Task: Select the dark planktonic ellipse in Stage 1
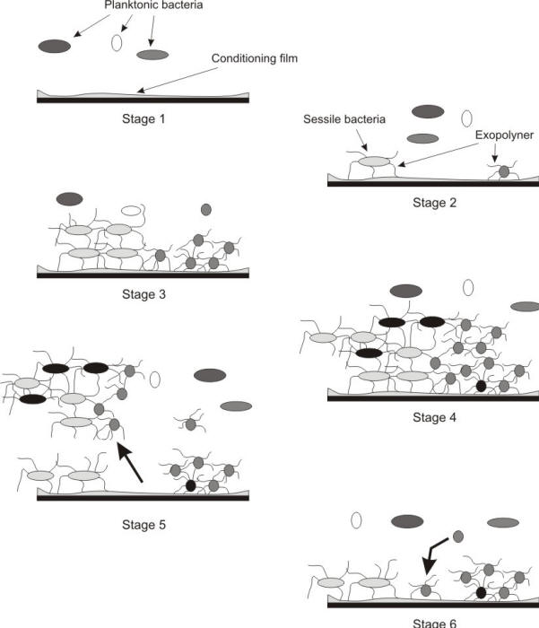(x=55, y=46)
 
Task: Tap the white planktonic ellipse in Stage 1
(x=116, y=42)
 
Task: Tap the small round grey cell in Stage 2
(x=504, y=170)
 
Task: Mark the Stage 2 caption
(x=434, y=203)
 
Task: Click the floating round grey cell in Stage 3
(x=205, y=209)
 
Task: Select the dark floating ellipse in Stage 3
(x=68, y=198)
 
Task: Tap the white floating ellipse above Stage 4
(x=467, y=287)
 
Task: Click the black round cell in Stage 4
(x=481, y=386)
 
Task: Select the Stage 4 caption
(x=434, y=417)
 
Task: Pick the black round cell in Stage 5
(x=189, y=485)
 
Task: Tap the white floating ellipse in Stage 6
(x=356, y=519)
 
